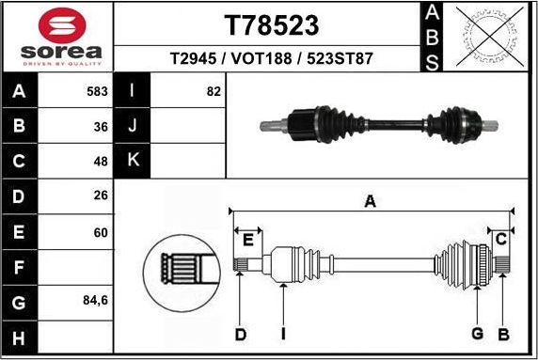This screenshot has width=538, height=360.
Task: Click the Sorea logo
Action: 56,38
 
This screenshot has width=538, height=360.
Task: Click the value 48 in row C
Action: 101,161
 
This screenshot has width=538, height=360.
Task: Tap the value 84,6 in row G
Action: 96,302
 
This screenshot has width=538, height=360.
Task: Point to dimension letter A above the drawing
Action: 371,200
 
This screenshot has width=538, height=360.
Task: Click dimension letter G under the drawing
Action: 478,335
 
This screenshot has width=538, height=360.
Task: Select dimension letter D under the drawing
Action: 241,335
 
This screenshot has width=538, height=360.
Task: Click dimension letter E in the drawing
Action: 248,240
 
